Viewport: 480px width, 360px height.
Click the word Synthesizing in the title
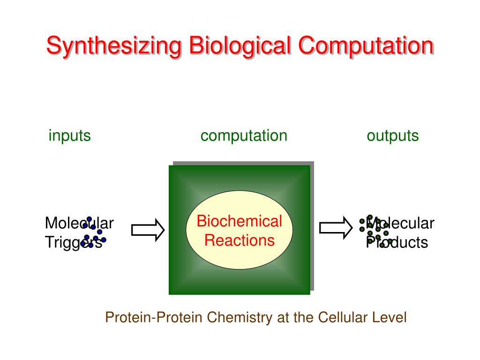point(114,46)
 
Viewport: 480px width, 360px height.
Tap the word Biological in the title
point(240,46)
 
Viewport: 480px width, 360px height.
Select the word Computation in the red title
point(366,45)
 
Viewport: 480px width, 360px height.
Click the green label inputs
point(70,135)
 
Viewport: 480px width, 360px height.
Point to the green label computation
point(244,135)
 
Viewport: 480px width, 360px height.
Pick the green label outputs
point(393,135)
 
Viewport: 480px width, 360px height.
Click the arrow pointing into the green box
point(148,230)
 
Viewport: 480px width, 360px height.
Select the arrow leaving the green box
point(336,227)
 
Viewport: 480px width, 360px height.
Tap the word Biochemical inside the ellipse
point(240,221)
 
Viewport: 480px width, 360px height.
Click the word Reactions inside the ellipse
point(240,240)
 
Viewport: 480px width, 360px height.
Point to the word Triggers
point(74,242)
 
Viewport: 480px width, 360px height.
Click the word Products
point(397,242)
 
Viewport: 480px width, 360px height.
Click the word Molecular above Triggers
point(79,223)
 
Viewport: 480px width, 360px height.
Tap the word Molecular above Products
point(400,223)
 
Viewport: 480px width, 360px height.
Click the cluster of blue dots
point(93,232)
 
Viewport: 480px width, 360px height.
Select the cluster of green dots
point(374,231)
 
